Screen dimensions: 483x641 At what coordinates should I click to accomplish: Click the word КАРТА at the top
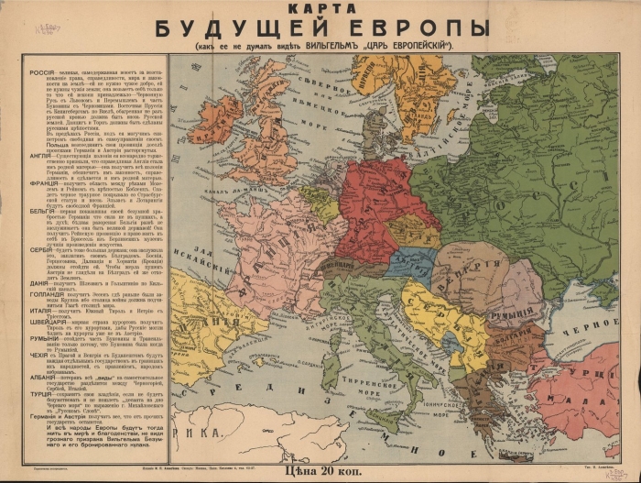[x=320, y=10]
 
